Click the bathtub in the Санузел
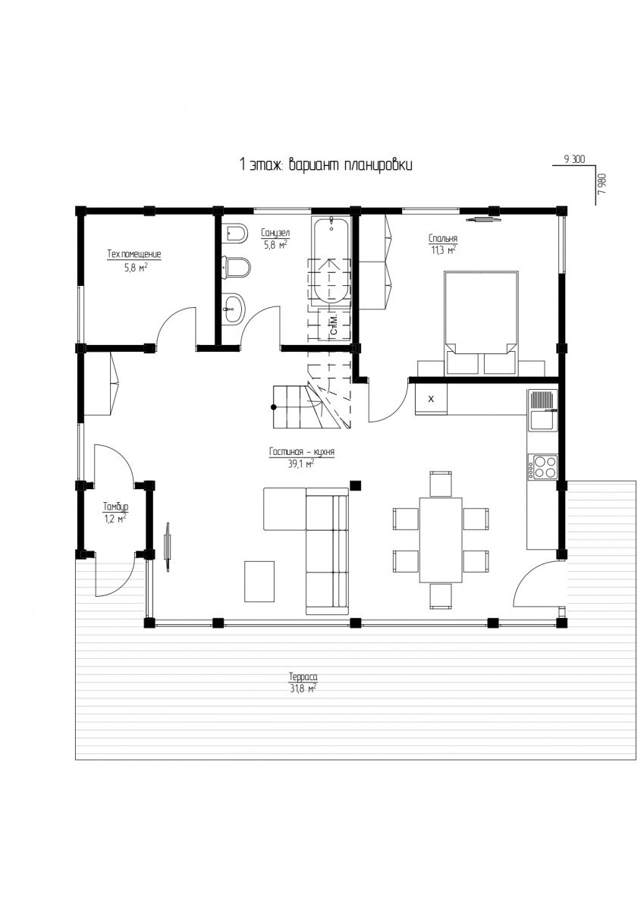click(x=330, y=259)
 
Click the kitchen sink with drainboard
click(x=542, y=409)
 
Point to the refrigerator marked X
click(x=431, y=399)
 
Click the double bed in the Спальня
click(x=482, y=322)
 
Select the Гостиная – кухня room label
click(x=301, y=452)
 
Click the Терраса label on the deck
click(x=303, y=676)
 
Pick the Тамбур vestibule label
click(x=116, y=507)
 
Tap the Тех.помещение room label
click(x=134, y=254)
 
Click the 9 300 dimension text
click(x=574, y=160)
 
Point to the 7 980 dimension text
click(x=602, y=184)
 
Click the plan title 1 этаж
click(x=256, y=165)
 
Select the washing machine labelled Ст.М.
click(x=334, y=325)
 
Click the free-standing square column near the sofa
click(x=356, y=485)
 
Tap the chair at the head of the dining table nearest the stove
click(x=441, y=484)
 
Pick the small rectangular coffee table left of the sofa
click(x=259, y=581)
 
